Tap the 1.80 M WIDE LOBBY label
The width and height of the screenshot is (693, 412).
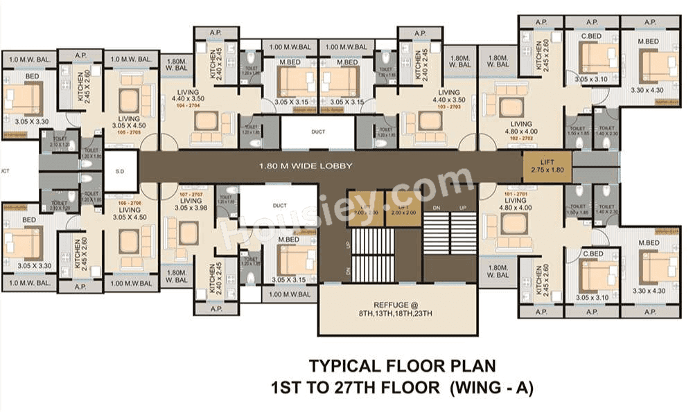(306, 166)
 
